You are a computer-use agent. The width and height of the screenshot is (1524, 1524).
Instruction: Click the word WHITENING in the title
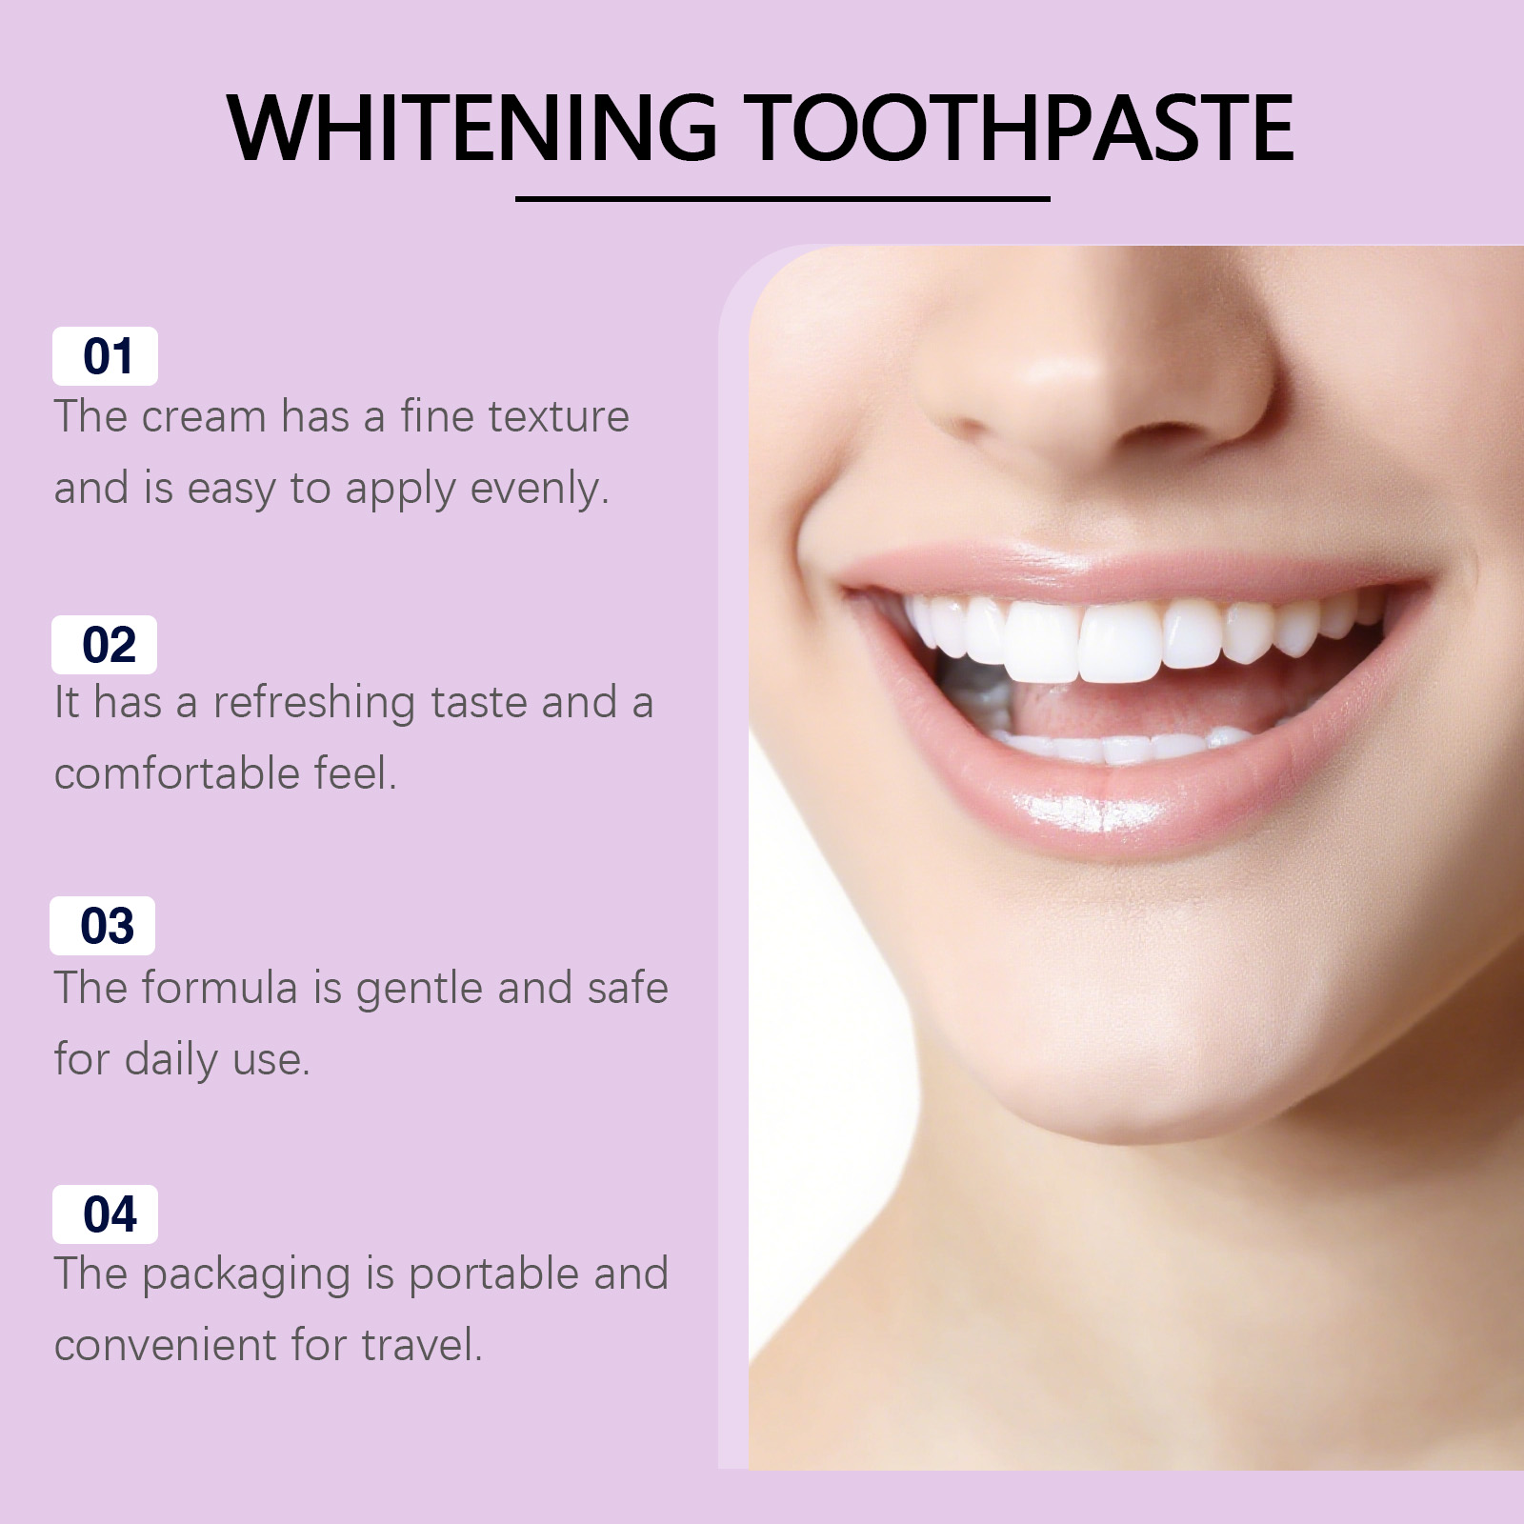(472, 128)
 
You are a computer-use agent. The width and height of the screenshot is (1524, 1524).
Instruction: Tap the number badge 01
(105, 356)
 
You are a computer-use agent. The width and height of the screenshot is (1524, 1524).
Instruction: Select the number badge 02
(105, 645)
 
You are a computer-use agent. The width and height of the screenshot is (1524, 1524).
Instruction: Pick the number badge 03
(103, 926)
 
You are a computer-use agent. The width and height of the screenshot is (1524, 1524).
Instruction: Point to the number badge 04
(105, 1214)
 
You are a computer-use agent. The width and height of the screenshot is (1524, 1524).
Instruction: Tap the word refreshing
(313, 703)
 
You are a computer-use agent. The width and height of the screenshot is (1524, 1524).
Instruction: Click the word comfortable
(177, 772)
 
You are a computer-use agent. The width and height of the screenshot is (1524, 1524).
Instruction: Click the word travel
(422, 1345)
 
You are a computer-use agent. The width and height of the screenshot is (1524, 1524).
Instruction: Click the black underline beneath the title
(783, 199)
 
